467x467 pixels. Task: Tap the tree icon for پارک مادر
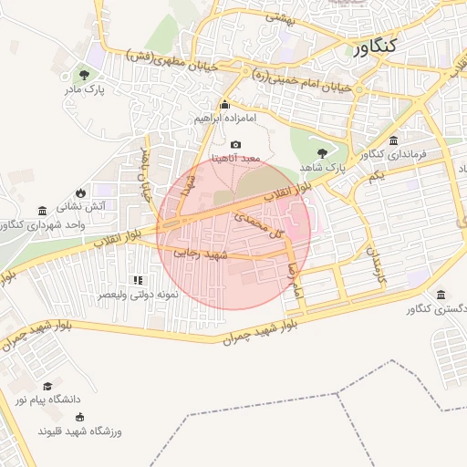pos(85,75)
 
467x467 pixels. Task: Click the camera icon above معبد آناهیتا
pos(236,144)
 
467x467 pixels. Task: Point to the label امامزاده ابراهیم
pos(225,119)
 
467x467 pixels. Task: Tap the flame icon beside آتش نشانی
pos(81,192)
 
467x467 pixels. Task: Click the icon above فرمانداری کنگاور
pos(393,140)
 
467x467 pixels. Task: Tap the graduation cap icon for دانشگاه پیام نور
pos(47,387)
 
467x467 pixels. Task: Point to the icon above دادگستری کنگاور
pos(441,296)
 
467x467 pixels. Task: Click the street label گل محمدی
pos(261,226)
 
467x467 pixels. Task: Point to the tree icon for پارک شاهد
pos(322,153)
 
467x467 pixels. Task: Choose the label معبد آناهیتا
pos(236,158)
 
